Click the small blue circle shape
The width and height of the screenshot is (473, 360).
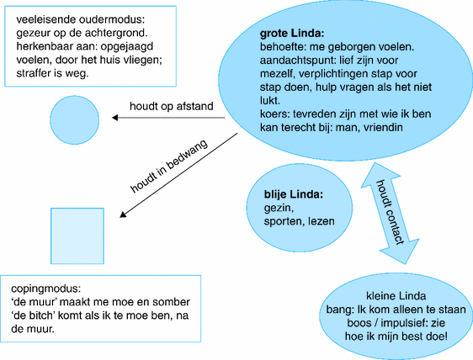point(76,118)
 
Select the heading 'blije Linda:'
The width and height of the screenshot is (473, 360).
point(294,195)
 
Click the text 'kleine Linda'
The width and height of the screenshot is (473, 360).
point(396,296)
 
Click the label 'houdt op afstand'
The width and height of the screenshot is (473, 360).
point(171,106)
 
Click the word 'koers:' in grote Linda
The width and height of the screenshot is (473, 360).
point(276,114)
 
